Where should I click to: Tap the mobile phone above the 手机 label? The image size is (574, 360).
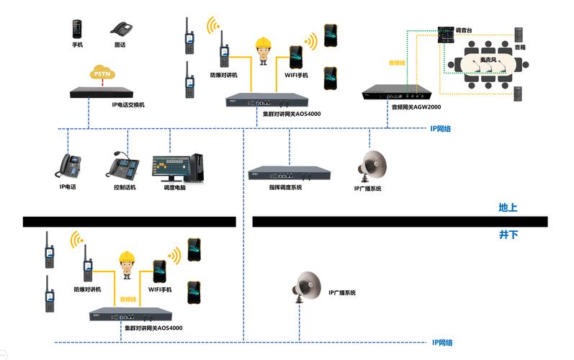(x=77, y=28)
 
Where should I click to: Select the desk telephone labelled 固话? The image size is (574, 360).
(x=120, y=29)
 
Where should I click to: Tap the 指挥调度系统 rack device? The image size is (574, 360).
(x=289, y=173)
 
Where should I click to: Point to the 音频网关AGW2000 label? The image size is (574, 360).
(x=416, y=107)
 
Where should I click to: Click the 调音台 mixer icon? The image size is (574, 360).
(x=446, y=34)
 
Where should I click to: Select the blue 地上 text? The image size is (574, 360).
(x=508, y=208)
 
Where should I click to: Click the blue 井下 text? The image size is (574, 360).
(x=508, y=234)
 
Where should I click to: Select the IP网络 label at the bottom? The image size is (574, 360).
(x=442, y=343)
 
